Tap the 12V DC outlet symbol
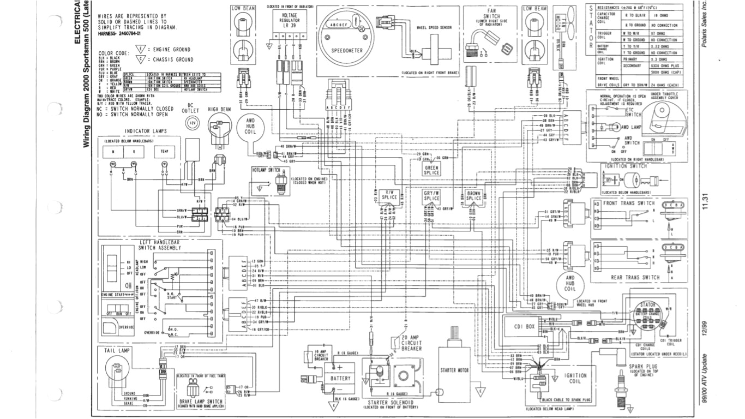[x=191, y=124]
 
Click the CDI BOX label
[x=522, y=327]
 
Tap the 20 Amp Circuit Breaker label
[x=411, y=345]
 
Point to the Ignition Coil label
[x=575, y=379]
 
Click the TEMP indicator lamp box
[x=164, y=151]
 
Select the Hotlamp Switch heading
[x=266, y=171]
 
